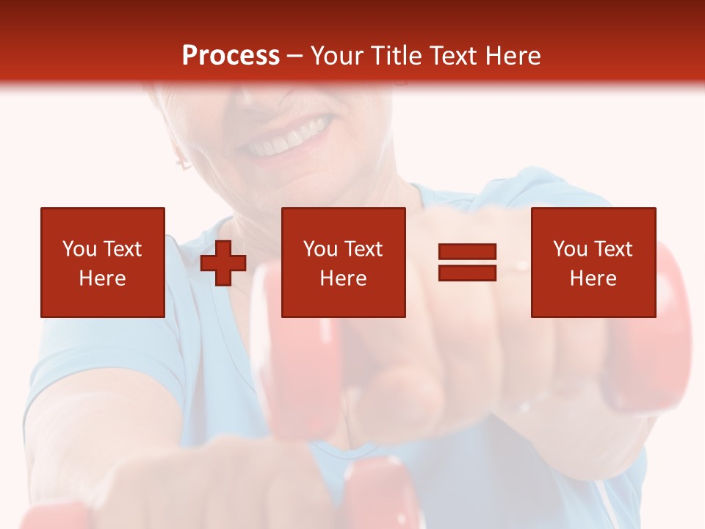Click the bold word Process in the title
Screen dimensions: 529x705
tap(231, 55)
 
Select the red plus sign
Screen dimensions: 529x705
tap(223, 262)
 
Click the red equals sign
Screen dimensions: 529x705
tap(467, 262)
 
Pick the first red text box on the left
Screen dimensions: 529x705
tap(103, 262)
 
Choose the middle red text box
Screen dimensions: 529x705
tap(343, 262)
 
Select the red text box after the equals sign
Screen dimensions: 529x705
tap(593, 262)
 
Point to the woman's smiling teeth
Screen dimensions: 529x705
tap(286, 140)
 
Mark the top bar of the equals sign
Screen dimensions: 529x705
tap(467, 252)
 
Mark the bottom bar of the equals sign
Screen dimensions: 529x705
tap(467, 273)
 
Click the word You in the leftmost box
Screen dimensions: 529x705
tap(79, 249)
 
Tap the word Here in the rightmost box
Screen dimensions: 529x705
tap(593, 278)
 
